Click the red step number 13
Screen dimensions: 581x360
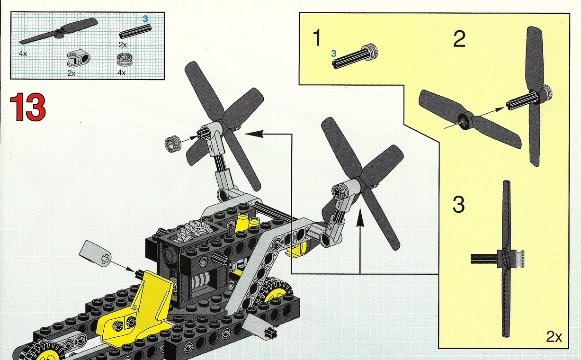coord(28,107)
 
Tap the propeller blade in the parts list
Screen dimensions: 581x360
coord(59,31)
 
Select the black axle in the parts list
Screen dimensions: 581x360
coord(135,31)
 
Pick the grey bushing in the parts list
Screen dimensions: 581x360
coord(125,59)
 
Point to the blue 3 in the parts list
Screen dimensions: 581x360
coord(145,18)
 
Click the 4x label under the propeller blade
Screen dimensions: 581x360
coord(23,54)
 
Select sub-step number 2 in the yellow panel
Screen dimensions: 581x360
coord(459,39)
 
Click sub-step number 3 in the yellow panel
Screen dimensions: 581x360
coord(458,205)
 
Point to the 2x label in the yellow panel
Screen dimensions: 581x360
coord(554,337)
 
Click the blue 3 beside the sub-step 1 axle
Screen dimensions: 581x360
coord(333,54)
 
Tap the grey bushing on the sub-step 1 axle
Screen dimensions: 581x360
coord(369,53)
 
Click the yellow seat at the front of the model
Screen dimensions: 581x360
coord(137,312)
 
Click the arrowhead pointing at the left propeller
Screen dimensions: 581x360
coord(254,134)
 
